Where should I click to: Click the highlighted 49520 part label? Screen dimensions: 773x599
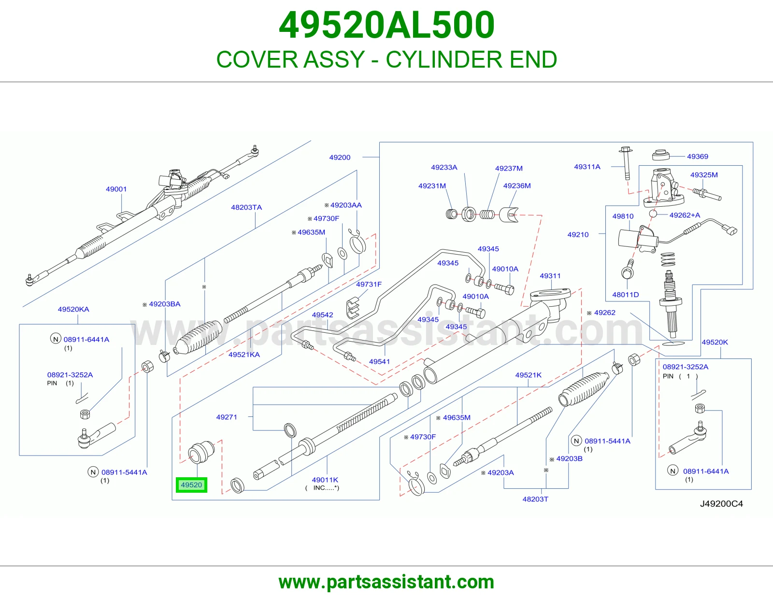click(x=191, y=485)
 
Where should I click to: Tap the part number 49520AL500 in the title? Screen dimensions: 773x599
click(x=386, y=25)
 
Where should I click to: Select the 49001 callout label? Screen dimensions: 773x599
click(x=116, y=189)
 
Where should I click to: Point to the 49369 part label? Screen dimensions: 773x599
click(x=698, y=156)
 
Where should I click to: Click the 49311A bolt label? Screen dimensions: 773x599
click(x=587, y=167)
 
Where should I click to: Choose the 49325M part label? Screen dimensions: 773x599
click(x=704, y=175)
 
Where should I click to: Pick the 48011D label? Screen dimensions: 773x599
click(x=625, y=295)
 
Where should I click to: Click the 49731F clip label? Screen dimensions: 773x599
click(x=369, y=284)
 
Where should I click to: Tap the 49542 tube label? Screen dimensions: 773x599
click(x=322, y=315)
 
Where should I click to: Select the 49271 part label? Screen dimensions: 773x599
click(x=227, y=417)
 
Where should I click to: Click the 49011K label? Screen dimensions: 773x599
click(x=325, y=480)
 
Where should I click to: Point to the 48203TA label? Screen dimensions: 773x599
click(x=246, y=207)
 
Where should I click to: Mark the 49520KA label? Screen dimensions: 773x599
click(x=73, y=309)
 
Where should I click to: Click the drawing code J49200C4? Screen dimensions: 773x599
click(x=721, y=504)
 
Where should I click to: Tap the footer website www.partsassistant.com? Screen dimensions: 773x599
click(x=386, y=582)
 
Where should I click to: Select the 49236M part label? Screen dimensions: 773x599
click(x=517, y=185)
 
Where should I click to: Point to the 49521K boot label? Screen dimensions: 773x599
click(x=528, y=375)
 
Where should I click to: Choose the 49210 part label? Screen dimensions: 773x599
click(x=578, y=234)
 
